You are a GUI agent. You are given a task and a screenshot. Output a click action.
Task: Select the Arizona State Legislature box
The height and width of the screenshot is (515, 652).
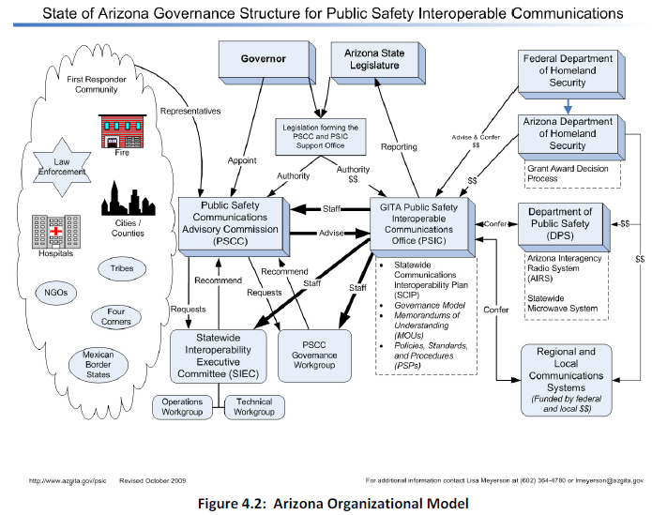click(373, 59)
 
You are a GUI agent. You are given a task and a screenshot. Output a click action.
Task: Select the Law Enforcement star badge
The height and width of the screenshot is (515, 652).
click(64, 167)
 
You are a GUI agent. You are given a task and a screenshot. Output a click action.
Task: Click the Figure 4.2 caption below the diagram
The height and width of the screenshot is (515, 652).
click(325, 502)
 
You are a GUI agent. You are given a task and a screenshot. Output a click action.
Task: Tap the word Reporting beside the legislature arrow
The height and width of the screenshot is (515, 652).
click(398, 146)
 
